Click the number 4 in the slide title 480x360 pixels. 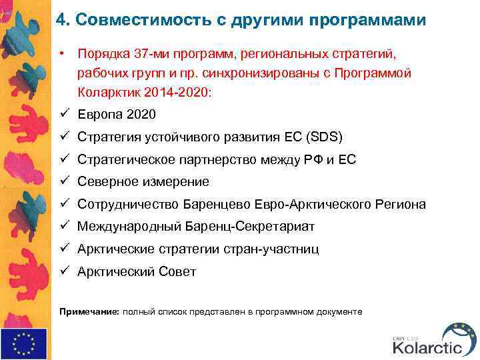[60, 19]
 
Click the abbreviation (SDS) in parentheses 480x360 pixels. [323, 137]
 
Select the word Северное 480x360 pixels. [107, 182]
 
